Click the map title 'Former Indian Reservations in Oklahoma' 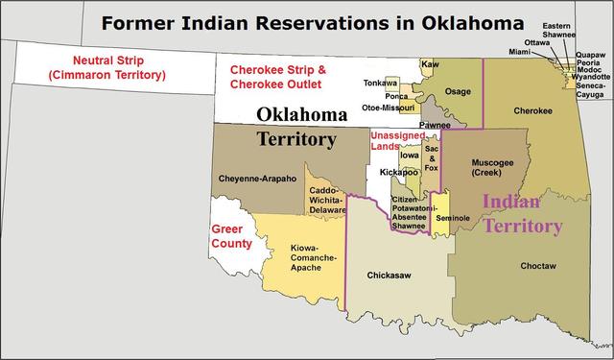coord(312,20)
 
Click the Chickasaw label coord(390,275)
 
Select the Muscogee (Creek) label coord(493,167)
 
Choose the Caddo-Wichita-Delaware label coord(328,199)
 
